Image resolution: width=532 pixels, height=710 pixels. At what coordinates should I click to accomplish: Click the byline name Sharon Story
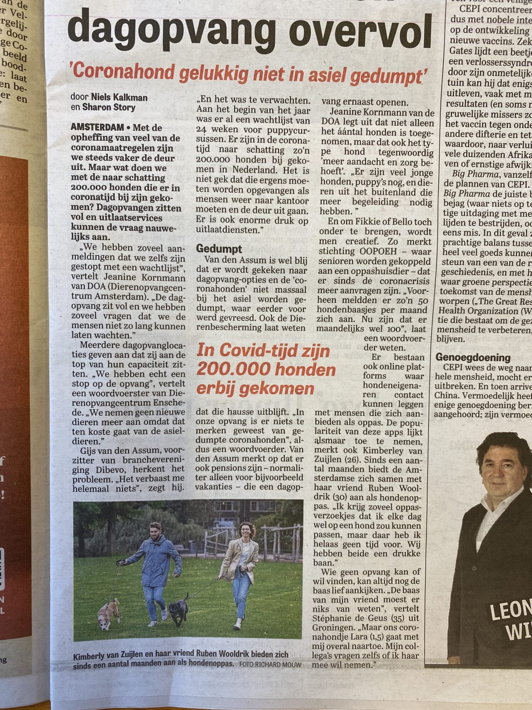tap(109, 107)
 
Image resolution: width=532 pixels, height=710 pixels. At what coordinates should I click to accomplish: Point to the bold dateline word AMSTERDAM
tap(97, 127)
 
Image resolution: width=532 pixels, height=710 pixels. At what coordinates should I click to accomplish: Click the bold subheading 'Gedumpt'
tap(219, 249)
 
